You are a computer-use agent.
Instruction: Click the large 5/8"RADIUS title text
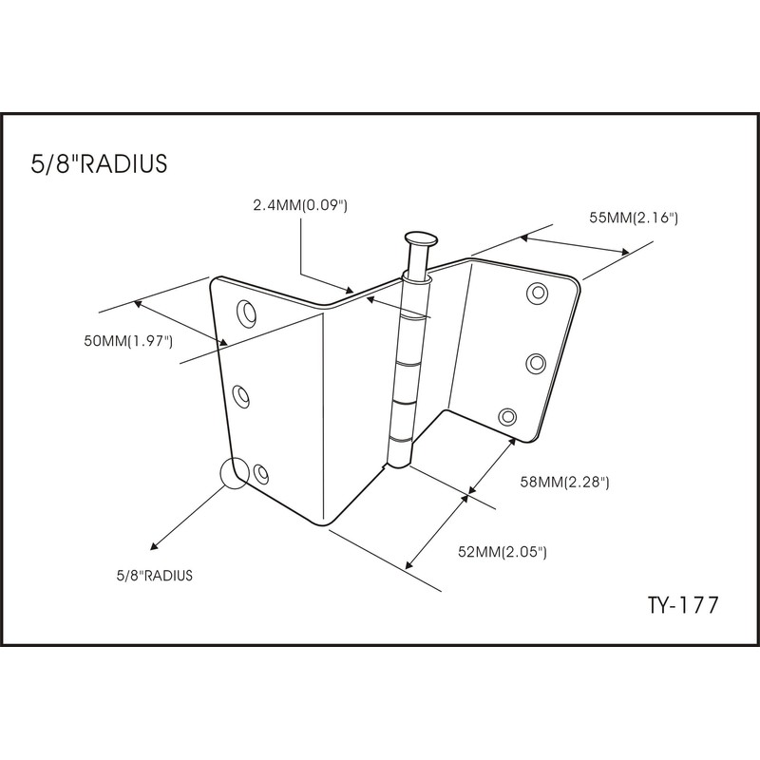point(99,163)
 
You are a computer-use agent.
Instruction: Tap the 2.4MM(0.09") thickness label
point(300,205)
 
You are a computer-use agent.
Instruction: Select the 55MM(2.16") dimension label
point(634,218)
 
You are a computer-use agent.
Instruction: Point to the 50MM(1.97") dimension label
point(128,341)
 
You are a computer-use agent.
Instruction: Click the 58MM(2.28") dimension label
point(564,483)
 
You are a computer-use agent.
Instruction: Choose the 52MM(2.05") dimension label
point(503,552)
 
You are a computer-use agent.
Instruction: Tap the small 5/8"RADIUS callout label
point(155,576)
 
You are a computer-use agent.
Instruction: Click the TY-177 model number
point(683,605)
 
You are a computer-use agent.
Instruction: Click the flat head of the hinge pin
point(421,238)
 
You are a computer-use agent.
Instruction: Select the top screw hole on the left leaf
point(247,313)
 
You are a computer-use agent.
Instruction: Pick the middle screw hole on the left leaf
point(241,396)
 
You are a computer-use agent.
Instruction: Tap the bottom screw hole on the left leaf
point(261,472)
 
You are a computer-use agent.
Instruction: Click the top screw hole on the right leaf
point(538,293)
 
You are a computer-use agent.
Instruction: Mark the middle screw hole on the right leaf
point(536,363)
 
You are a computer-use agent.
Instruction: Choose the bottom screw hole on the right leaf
point(507,416)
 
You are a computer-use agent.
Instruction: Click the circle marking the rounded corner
point(235,473)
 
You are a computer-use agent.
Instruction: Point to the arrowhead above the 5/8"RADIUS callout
point(154,546)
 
